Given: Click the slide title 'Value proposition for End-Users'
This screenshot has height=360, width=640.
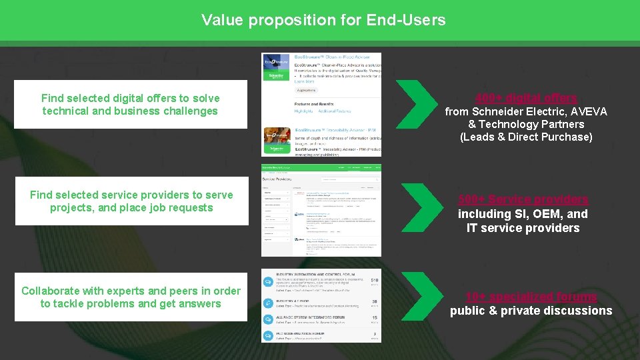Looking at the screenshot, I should [323, 20].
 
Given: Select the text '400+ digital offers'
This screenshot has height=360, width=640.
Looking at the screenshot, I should [526, 98].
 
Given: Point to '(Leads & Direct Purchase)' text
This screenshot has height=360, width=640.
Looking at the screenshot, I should [526, 137].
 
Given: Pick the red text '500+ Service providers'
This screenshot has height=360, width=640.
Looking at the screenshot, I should [523, 199].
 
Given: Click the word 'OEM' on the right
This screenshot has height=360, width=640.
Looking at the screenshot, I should [551, 214].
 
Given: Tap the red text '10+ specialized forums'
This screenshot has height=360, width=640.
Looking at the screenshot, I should [531, 297].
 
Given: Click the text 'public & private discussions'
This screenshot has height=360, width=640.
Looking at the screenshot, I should [531, 311].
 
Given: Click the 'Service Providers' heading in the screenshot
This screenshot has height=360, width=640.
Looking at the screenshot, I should [278, 179].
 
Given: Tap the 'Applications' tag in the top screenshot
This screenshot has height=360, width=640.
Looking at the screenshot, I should [307, 89].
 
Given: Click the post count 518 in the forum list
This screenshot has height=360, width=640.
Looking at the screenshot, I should [374, 281].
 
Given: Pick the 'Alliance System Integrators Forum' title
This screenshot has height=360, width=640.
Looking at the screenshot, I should [309, 318].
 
